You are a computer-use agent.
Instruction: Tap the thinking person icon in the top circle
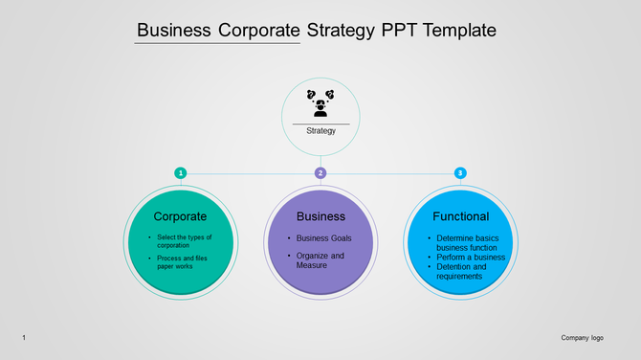[x=320, y=102]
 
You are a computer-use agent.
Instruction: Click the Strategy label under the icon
[x=320, y=130]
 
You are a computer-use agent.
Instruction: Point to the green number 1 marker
[x=180, y=172]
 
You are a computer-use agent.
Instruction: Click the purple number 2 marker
[x=320, y=172]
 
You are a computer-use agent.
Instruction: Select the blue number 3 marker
[x=460, y=172]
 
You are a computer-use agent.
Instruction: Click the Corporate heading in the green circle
[x=180, y=216]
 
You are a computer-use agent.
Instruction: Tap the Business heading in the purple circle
[x=320, y=216]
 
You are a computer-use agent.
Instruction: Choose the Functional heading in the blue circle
[x=460, y=216]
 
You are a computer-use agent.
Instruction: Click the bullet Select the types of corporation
[x=184, y=241]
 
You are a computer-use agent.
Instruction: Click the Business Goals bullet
[x=323, y=237]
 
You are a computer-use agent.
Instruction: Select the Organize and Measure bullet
[x=320, y=260]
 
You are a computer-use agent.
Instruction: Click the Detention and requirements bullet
[x=461, y=271]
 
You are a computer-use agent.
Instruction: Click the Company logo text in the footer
[x=582, y=338]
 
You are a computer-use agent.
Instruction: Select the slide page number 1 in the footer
[x=23, y=338]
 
